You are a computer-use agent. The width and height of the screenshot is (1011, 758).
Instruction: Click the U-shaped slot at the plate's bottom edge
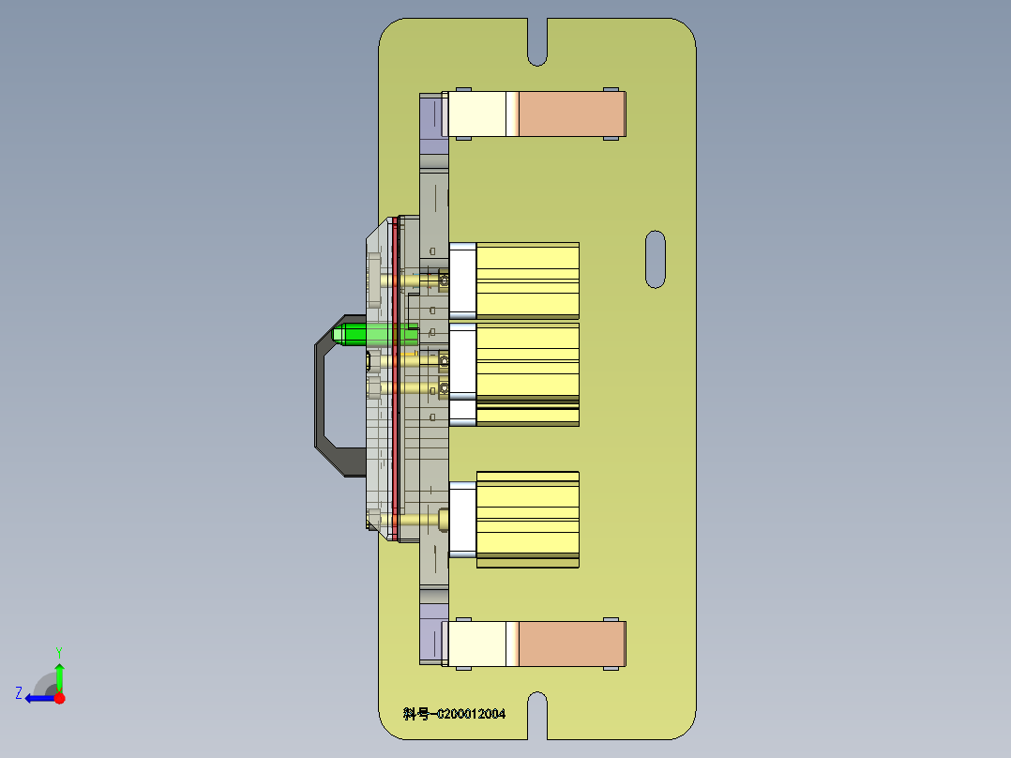[x=536, y=714]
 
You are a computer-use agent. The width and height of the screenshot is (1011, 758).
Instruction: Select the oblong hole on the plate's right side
[x=656, y=259]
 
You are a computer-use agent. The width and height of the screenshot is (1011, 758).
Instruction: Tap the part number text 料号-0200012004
[x=455, y=714]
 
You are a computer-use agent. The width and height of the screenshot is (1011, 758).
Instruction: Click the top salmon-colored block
[x=571, y=114]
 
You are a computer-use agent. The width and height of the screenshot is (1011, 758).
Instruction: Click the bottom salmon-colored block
[x=571, y=644]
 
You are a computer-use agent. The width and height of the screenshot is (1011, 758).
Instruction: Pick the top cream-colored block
[x=478, y=114]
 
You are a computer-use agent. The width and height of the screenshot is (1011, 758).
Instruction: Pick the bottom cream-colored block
[x=478, y=644]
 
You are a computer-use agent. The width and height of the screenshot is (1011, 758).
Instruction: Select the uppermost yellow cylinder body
[x=527, y=280]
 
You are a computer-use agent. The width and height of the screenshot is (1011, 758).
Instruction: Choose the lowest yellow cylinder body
[x=527, y=518]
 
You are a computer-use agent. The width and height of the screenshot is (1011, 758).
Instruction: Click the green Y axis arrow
[x=59, y=674]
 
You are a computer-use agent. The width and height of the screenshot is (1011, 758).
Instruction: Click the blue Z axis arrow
[x=36, y=698]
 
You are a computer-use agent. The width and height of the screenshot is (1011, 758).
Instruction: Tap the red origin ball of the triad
[x=59, y=698]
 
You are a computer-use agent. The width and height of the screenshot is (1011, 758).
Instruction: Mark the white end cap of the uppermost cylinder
[x=462, y=280]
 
